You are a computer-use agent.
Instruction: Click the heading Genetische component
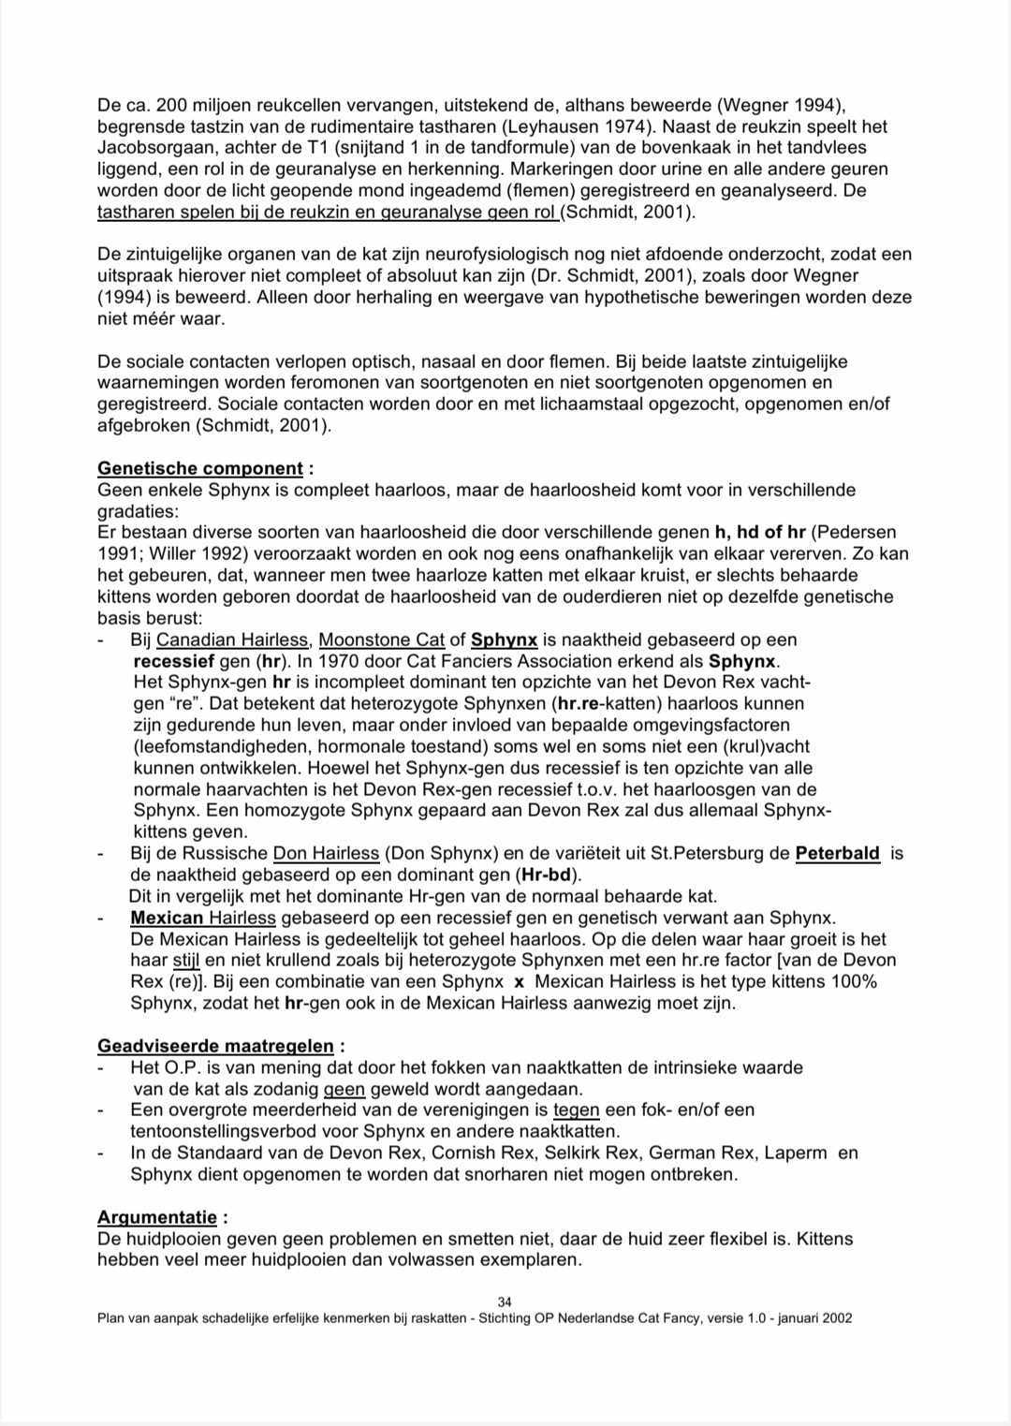click(x=200, y=468)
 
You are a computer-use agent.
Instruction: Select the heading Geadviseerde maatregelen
click(x=215, y=1046)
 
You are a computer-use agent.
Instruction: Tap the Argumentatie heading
click(x=157, y=1217)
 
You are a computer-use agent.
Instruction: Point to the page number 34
click(x=505, y=1301)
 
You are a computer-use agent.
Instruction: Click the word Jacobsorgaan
click(x=148, y=148)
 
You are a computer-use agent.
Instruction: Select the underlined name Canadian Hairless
click(x=232, y=640)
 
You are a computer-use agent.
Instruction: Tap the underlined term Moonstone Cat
click(x=382, y=640)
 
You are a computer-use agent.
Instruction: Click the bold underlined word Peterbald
click(x=838, y=854)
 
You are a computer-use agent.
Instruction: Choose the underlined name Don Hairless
click(x=326, y=854)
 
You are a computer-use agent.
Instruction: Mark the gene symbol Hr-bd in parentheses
click(x=548, y=875)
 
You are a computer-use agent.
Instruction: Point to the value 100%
click(x=854, y=982)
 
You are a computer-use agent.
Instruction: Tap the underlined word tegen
click(x=576, y=1110)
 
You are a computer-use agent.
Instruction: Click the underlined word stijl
click(x=186, y=961)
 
